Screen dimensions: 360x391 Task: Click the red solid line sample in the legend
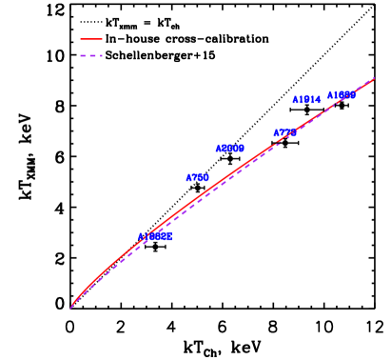pos(90,40)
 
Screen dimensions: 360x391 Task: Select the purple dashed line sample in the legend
pos(90,56)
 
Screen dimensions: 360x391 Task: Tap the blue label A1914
pos(306,100)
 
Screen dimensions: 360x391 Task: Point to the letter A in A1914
pos(295,100)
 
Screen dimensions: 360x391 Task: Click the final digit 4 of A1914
pos(318,100)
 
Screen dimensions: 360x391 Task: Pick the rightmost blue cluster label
pos(341,95)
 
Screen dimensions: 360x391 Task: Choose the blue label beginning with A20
pos(229,149)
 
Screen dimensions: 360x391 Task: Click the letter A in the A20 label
pos(218,149)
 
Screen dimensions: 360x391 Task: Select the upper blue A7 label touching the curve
pos(284,133)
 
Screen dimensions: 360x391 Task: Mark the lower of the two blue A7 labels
pos(197,178)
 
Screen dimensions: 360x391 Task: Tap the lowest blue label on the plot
pos(155,237)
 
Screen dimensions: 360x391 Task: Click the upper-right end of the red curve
pos(374,78)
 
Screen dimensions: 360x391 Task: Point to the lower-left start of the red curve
pos(71,307)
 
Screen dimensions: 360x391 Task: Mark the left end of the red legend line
pos(81,40)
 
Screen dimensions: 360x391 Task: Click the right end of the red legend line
pos(101,40)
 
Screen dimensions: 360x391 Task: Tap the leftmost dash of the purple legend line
pos(83,56)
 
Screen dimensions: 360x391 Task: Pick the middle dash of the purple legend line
pos(91,56)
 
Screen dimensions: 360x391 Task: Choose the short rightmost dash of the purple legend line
pos(100,56)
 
